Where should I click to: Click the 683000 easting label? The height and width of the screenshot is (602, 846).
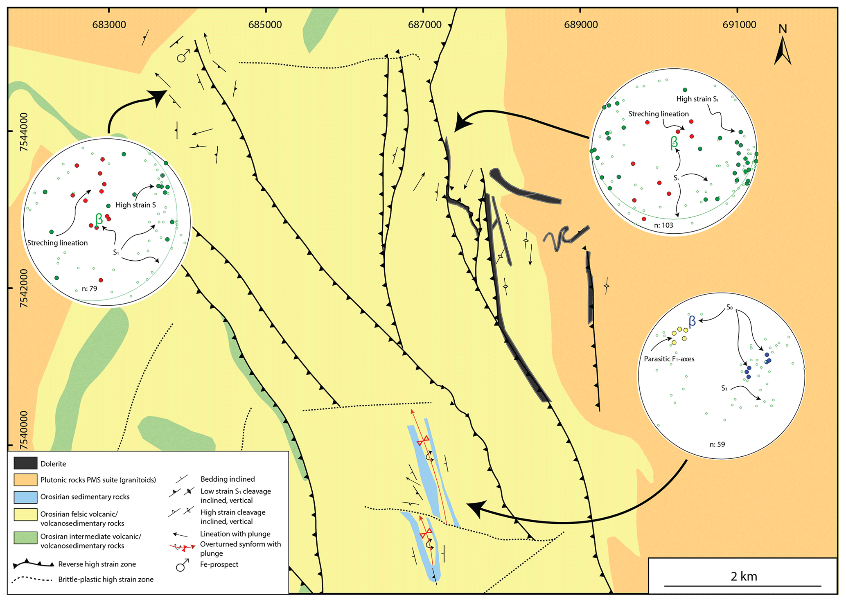click(109, 25)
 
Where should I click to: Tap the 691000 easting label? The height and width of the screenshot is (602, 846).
click(739, 25)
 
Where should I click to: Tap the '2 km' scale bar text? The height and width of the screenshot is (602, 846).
click(744, 576)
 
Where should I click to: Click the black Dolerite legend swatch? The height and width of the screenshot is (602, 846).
click(25, 463)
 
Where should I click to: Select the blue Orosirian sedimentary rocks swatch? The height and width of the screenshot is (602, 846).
click(25, 497)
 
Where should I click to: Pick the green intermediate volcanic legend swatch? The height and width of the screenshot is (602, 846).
click(25, 538)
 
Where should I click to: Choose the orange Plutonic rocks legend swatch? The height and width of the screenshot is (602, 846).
click(25, 480)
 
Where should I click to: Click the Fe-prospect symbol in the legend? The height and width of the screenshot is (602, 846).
click(183, 565)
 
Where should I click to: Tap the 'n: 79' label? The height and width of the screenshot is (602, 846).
click(89, 289)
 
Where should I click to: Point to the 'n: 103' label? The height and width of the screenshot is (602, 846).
click(663, 225)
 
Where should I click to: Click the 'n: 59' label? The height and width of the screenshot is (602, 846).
click(717, 444)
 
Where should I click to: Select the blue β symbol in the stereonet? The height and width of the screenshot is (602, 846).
click(692, 322)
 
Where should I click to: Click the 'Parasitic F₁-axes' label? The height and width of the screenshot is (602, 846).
click(669, 359)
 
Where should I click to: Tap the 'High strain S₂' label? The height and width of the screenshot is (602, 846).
click(697, 99)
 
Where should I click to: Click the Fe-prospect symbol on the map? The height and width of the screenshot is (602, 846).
click(183, 56)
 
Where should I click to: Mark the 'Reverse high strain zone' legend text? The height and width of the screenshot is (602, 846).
click(97, 564)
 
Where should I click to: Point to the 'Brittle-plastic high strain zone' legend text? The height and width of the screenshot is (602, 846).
click(106, 579)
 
